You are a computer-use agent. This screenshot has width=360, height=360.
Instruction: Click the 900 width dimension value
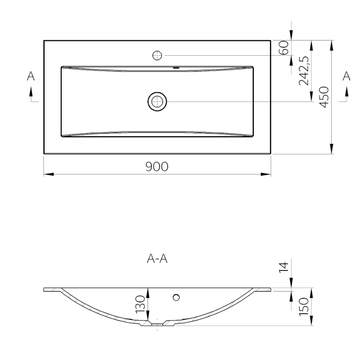[x=157, y=166]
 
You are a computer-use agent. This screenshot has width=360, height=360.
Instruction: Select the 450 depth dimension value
[x=324, y=97]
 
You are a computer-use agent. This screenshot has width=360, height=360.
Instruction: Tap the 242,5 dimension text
[x=304, y=71]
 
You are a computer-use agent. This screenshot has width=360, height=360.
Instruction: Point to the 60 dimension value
[x=284, y=48]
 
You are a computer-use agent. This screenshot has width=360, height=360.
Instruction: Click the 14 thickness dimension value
[x=284, y=267]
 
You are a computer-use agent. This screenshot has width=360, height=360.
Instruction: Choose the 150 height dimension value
[x=304, y=306]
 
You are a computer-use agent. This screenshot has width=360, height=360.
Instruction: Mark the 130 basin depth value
[x=140, y=304]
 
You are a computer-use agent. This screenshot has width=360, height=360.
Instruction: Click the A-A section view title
[x=157, y=259]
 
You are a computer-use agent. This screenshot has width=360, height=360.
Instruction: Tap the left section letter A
[x=31, y=76]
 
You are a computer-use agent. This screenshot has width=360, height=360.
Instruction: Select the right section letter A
[x=346, y=76]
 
